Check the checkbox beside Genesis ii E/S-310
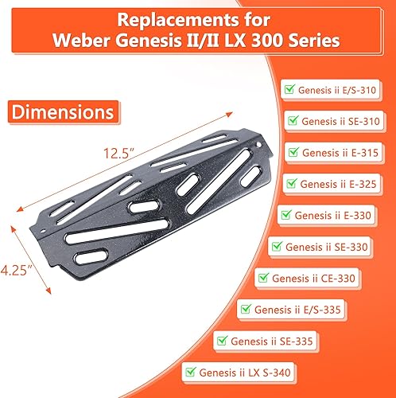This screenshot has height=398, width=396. point(289,91)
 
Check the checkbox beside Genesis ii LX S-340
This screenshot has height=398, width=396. point(189,371)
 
